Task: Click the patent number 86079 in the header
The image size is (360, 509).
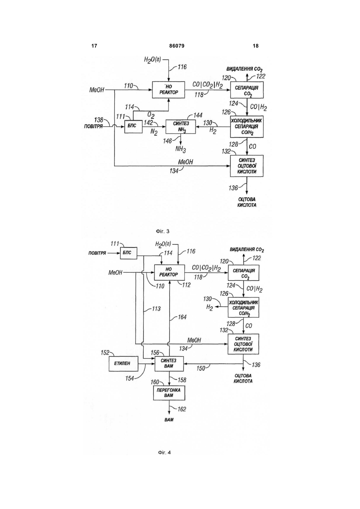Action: (177, 46)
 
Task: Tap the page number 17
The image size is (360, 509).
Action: (94, 46)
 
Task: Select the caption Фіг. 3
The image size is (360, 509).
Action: (162, 232)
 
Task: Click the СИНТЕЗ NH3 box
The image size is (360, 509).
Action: (181, 127)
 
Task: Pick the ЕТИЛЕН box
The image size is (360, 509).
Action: (124, 363)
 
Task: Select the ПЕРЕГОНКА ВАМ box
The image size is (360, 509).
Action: (169, 393)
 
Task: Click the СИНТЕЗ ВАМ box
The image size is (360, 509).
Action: (169, 363)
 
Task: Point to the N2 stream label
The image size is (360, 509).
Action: (154, 132)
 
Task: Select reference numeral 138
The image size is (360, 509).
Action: (99, 120)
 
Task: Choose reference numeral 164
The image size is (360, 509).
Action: (182, 317)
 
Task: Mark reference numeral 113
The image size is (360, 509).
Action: (156, 309)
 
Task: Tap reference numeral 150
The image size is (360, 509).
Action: (201, 368)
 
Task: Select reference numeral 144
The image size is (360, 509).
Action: (198, 115)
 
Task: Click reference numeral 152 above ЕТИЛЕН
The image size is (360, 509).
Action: (105, 353)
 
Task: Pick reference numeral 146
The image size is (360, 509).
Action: (167, 141)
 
